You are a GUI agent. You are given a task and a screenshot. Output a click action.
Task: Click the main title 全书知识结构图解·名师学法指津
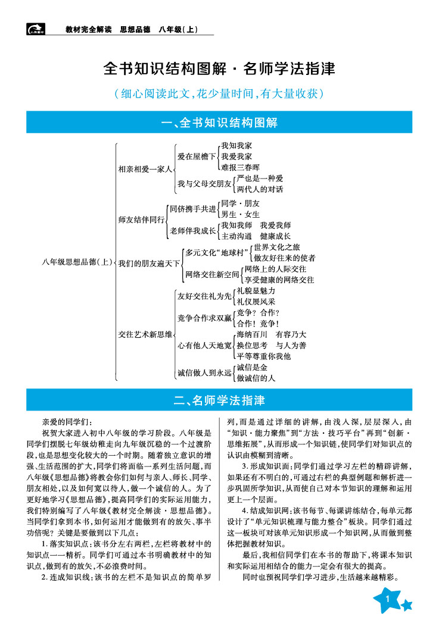click(219, 68)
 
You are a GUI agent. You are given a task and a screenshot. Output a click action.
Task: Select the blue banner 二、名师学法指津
click(219, 400)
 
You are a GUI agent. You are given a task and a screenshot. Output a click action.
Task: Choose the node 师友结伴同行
click(141, 220)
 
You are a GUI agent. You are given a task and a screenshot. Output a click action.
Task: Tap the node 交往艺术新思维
click(144, 334)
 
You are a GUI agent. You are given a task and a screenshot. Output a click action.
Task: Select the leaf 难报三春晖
click(240, 168)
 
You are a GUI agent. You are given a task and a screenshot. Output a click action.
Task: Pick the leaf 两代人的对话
click(260, 189)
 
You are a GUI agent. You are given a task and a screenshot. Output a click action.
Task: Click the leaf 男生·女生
click(240, 214)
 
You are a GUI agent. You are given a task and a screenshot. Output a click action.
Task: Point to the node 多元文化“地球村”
click(216, 252)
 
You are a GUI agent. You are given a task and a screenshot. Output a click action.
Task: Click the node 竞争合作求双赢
click(204, 318)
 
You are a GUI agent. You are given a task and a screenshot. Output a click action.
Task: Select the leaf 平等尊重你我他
click(263, 356)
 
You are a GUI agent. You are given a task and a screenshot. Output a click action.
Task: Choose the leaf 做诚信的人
click(256, 378)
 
